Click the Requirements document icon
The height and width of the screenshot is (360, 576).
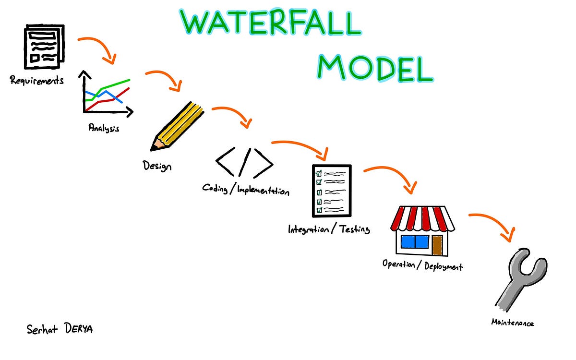pos(44,48)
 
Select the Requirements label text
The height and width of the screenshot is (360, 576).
pos(36,80)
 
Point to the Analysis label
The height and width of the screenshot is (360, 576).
pos(104,128)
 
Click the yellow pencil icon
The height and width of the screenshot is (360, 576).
pos(177,125)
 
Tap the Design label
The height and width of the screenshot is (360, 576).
pos(157,166)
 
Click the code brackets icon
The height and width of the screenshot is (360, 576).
pos(244,162)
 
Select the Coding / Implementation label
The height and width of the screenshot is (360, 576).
pos(246,189)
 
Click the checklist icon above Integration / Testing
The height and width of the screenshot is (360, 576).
pos(332,191)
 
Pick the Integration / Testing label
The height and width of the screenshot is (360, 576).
pos(329,229)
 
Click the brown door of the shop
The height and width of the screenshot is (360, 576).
pos(437,244)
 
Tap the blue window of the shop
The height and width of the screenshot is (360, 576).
pos(415,241)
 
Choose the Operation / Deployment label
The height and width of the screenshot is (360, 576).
pos(422,265)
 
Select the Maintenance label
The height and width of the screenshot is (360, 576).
pos(512,323)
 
